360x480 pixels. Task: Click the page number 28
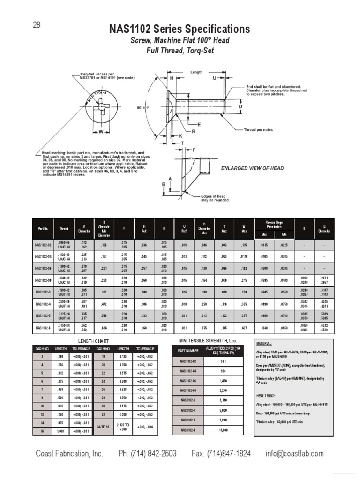tap(37, 25)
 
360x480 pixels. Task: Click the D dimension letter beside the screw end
tap(240, 107)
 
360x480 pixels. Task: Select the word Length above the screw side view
tap(196, 72)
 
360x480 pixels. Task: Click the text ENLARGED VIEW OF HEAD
tap(252, 168)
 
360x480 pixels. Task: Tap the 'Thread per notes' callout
tap(258, 129)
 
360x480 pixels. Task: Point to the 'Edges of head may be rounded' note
tap(215, 198)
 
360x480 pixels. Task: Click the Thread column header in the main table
tap(64, 229)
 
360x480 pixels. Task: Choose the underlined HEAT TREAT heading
tap(266, 395)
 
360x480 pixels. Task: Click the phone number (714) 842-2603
tap(147, 454)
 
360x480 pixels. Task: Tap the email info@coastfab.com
tap(294, 454)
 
